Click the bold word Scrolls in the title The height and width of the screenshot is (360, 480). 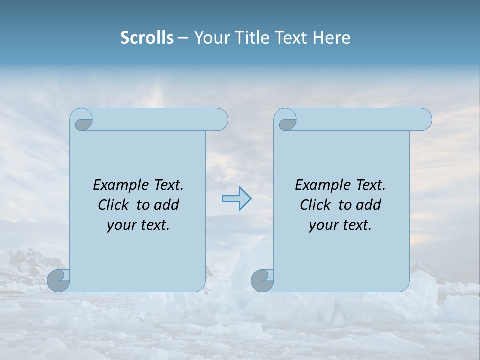147,38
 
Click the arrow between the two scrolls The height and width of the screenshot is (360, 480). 236,198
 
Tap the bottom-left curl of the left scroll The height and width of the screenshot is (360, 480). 58,280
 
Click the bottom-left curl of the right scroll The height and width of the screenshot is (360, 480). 262,280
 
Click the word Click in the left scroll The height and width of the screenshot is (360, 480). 113,205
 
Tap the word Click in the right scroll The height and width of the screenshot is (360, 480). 315,205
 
